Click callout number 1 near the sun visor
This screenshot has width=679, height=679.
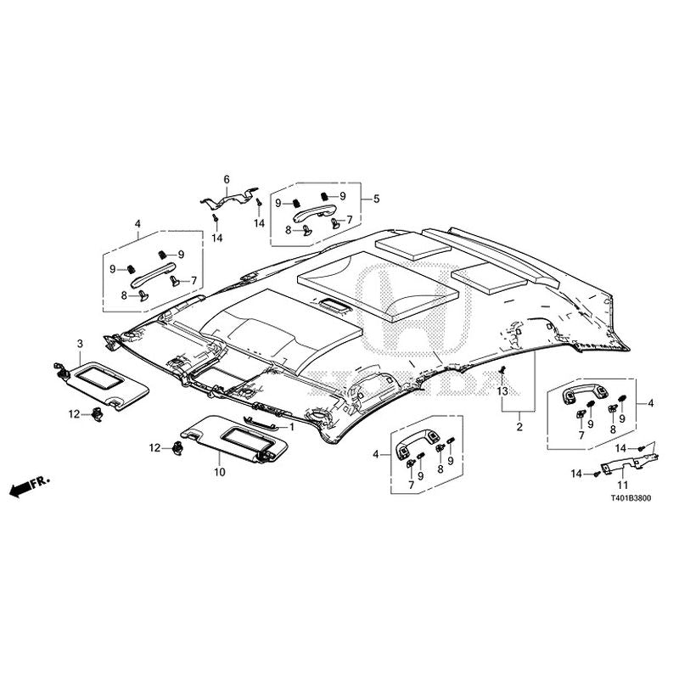pyautogui.click(x=291, y=427)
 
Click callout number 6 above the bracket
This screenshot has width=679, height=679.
pyautogui.click(x=227, y=179)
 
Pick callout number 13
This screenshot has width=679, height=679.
pyautogui.click(x=502, y=391)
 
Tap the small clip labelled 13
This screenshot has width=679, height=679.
pyautogui.click(x=503, y=371)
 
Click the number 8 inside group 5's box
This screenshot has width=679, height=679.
pyautogui.click(x=288, y=229)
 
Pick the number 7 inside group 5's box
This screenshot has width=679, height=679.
pyautogui.click(x=348, y=220)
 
